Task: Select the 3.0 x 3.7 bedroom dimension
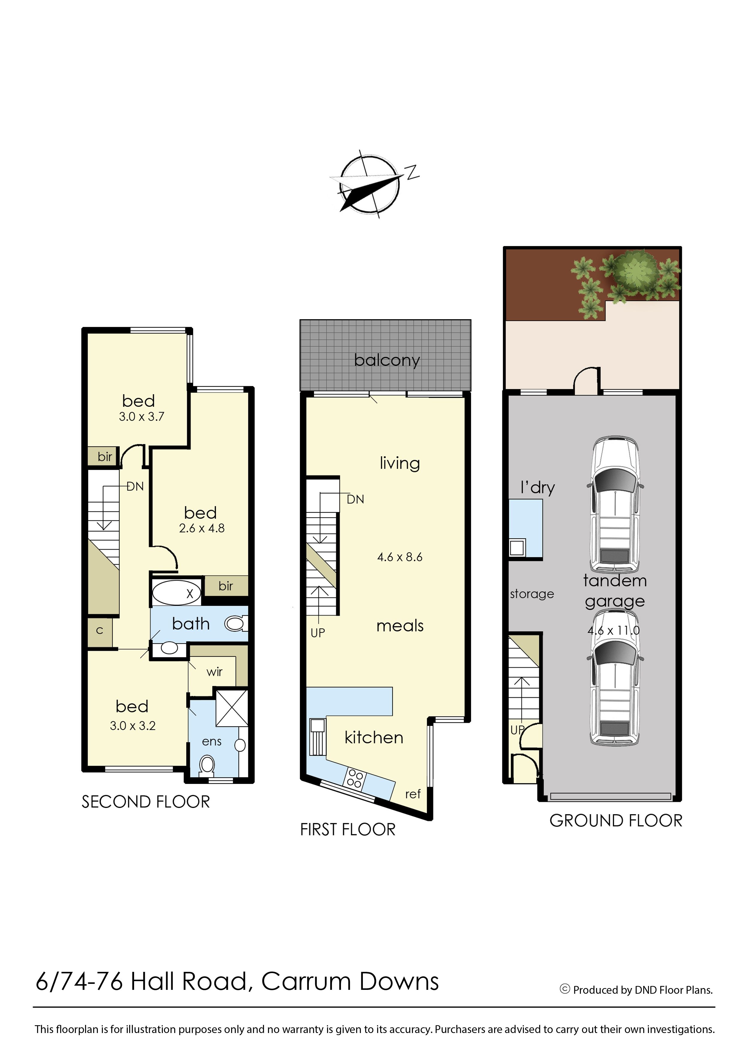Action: point(142,416)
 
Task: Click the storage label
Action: point(532,594)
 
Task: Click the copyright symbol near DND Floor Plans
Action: point(565,989)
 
